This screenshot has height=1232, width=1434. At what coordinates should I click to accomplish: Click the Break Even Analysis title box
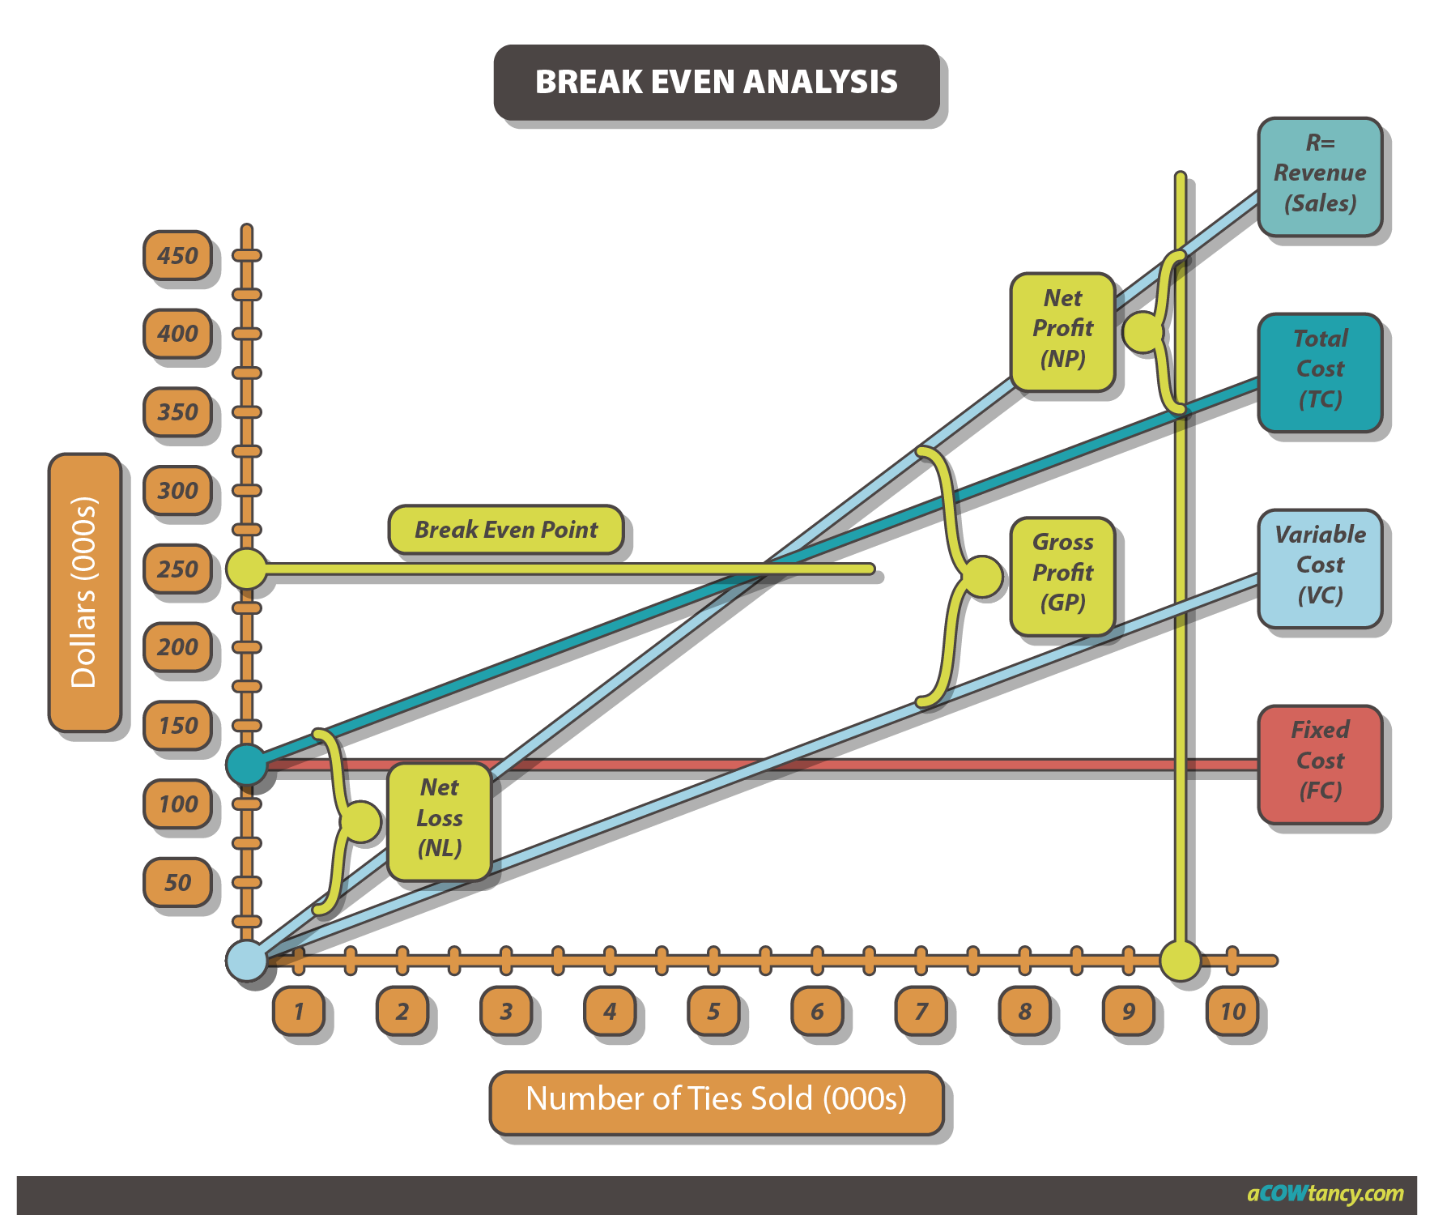[x=717, y=82]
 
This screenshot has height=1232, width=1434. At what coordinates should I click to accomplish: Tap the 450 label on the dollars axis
[x=178, y=256]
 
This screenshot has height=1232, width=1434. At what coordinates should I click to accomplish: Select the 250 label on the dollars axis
[x=178, y=569]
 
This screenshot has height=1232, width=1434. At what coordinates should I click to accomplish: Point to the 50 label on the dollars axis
[x=178, y=882]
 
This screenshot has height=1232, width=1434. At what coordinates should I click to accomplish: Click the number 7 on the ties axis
[x=921, y=1011]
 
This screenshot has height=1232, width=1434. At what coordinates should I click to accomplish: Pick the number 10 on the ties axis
[x=1232, y=1011]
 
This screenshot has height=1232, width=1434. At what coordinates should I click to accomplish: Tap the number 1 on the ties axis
[x=299, y=1011]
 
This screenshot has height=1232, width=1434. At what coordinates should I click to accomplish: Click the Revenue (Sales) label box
[x=1320, y=174]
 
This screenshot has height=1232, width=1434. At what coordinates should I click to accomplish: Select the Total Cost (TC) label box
[x=1320, y=370]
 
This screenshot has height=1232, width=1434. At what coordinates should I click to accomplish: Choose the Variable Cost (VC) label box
[x=1320, y=566]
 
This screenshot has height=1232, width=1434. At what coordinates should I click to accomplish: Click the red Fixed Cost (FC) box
[x=1320, y=761]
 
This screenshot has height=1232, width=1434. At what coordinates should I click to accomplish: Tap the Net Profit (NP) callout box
[x=1062, y=330]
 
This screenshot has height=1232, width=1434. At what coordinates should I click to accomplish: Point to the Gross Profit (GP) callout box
[x=1062, y=573]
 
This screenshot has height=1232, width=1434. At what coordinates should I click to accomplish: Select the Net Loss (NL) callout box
[x=440, y=819]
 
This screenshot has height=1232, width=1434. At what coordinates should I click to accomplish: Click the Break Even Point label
[x=506, y=530]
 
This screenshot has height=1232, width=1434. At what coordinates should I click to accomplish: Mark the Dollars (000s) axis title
[x=84, y=592]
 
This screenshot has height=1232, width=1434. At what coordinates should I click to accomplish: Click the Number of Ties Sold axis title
[x=716, y=1100]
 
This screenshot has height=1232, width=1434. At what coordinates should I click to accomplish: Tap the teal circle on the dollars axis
[x=246, y=765]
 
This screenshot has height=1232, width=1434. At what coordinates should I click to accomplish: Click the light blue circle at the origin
[x=246, y=961]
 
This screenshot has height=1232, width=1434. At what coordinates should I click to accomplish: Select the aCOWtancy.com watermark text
[x=1325, y=1194]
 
